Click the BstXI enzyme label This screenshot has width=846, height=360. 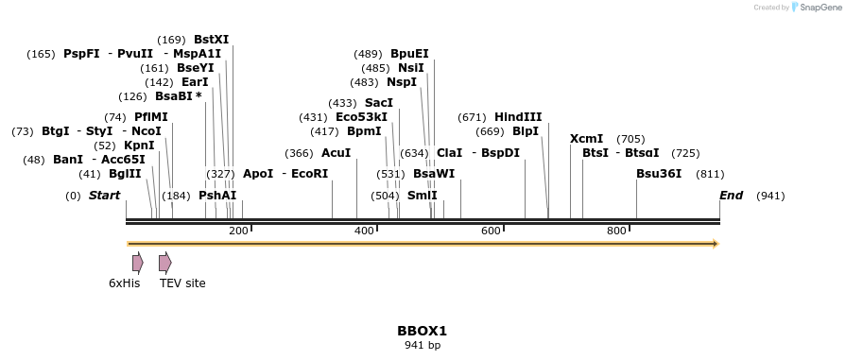point(211,40)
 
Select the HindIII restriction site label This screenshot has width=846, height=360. point(518,117)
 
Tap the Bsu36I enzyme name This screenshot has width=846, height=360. point(659,174)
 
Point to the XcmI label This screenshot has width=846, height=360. point(586,139)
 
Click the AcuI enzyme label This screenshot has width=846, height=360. point(336,153)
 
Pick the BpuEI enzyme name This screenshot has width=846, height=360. point(409,54)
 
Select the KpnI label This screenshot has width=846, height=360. point(139,146)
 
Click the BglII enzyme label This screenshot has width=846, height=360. point(125,174)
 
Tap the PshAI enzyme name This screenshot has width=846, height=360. point(217,196)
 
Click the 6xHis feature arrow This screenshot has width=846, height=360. point(138,263)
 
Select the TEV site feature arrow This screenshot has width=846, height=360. point(165,263)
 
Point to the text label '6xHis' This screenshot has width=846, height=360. point(124,283)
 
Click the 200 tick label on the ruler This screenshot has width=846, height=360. point(238,231)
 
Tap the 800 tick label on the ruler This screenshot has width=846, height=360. point(616,231)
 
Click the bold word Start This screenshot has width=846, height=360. point(104,196)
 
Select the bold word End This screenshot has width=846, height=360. point(731,196)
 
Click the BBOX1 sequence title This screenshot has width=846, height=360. point(422,331)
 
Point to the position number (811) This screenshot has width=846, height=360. point(710,174)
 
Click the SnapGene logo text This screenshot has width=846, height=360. point(819,8)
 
